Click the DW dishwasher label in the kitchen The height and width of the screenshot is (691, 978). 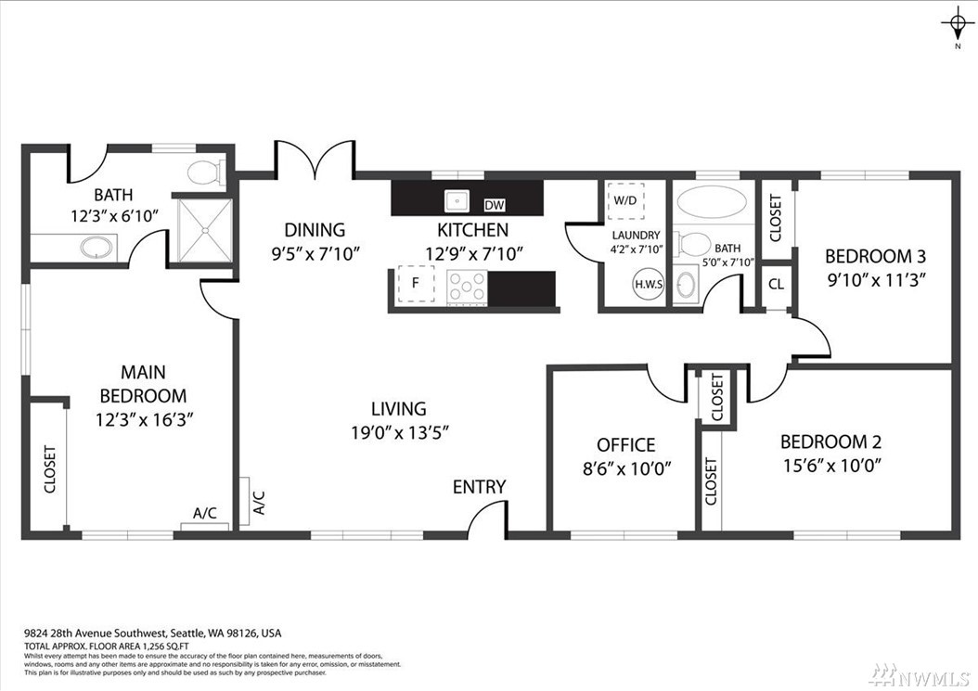495,205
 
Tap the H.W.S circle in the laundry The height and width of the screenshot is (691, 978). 649,284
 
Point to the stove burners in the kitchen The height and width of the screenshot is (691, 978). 467,288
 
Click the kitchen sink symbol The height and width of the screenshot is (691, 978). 456,200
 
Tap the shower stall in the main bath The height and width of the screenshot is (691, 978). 203,229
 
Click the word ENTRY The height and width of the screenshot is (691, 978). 480,486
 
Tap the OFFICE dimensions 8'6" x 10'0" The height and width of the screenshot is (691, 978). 626,468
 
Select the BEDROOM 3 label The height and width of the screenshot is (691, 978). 875,255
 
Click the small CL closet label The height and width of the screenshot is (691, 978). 776,284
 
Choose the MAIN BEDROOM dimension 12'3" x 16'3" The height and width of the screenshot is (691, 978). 144,419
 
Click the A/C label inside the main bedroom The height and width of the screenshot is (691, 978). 204,513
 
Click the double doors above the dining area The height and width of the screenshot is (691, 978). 315,160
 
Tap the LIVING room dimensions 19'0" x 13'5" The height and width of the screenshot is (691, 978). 399,431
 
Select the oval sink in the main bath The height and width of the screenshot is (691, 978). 97,248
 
